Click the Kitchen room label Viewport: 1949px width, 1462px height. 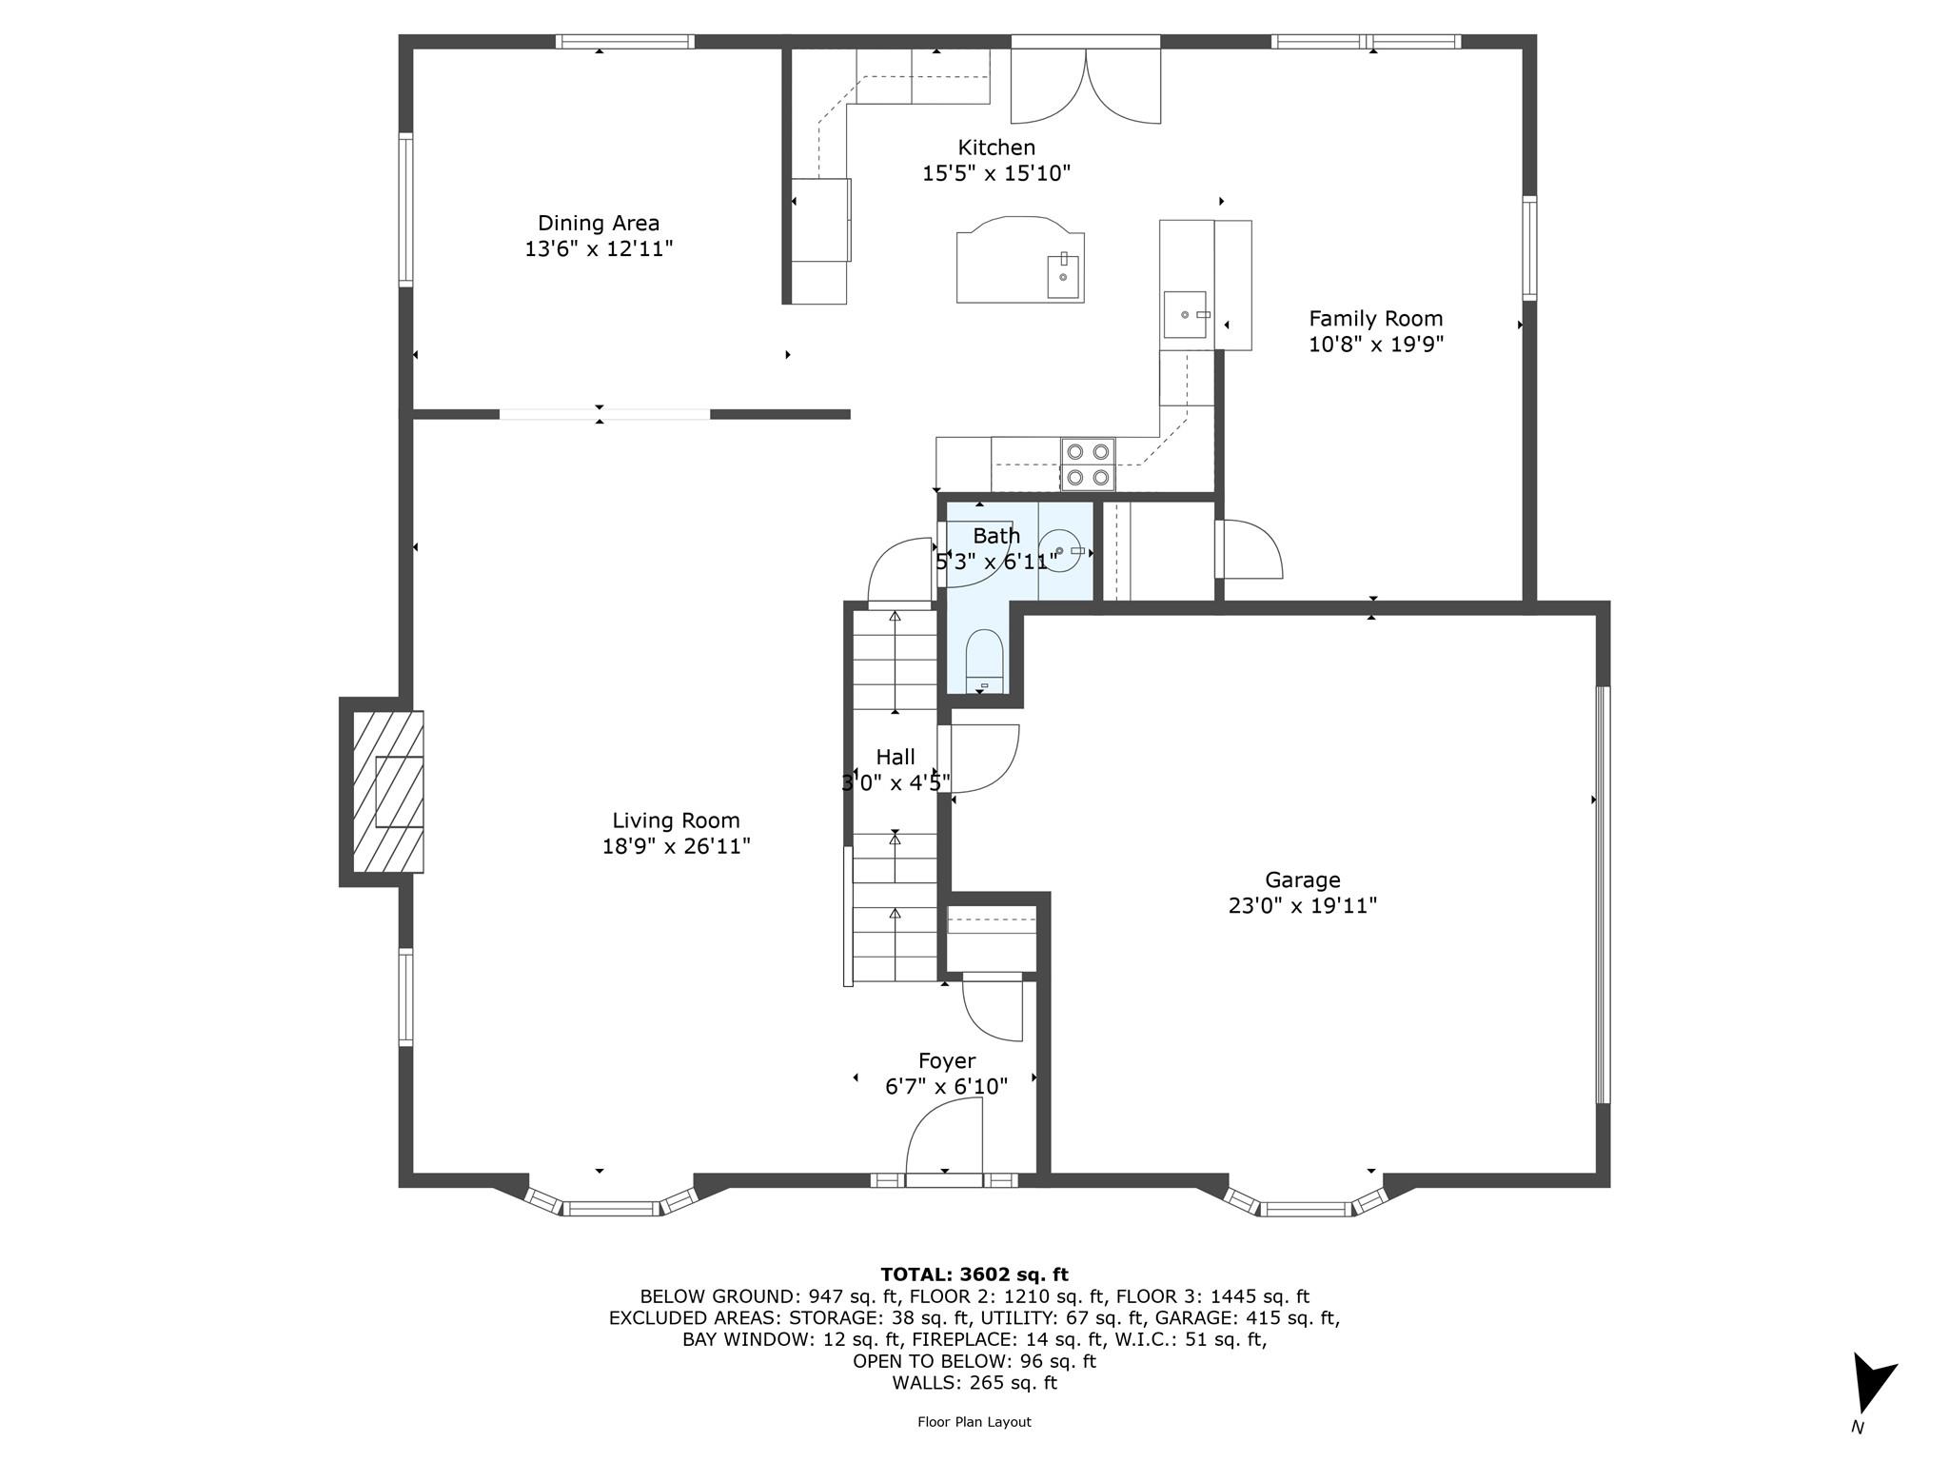point(996,148)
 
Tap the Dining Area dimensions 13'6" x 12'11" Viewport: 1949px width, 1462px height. point(599,249)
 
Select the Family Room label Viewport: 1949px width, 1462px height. point(1375,319)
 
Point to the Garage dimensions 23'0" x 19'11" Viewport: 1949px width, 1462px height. point(1303,905)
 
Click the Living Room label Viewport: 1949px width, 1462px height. point(676,820)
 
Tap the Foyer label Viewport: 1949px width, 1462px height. point(947,1060)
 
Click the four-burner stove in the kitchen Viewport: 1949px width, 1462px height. point(1088,464)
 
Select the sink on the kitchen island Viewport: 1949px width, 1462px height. point(1063,276)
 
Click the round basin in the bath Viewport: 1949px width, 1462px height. point(1059,551)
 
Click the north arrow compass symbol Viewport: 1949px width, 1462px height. point(1872,1386)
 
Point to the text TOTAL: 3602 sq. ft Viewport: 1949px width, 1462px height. point(974,1274)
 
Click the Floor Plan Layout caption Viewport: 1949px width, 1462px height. point(974,1422)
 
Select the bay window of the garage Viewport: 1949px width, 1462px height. point(1305,1201)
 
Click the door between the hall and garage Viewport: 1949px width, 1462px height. point(980,759)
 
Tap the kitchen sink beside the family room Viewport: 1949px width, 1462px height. point(1185,314)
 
